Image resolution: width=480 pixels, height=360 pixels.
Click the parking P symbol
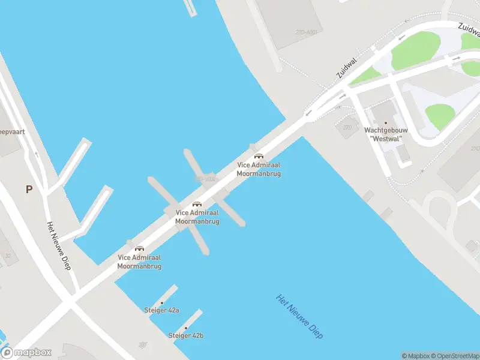(29, 189)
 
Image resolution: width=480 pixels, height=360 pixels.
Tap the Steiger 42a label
(161, 310)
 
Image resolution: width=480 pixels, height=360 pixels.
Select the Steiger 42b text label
(186, 335)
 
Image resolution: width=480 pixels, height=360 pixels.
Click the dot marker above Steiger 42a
(162, 302)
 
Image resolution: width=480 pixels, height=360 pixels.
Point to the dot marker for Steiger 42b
(186, 328)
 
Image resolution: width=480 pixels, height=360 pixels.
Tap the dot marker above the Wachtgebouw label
(386, 122)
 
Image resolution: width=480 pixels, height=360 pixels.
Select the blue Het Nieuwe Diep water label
(299, 317)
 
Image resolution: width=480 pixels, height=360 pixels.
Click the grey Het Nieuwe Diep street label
(59, 246)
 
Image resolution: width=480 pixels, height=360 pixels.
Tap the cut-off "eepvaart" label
(12, 131)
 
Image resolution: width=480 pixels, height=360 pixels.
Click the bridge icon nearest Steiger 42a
(139, 248)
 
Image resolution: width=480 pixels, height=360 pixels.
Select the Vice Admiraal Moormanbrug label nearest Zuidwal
(259, 169)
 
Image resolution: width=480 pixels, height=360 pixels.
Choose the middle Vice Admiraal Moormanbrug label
(197, 217)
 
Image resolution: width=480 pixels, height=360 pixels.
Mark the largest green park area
(415, 51)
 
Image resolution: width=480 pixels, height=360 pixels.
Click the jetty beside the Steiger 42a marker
(169, 295)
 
